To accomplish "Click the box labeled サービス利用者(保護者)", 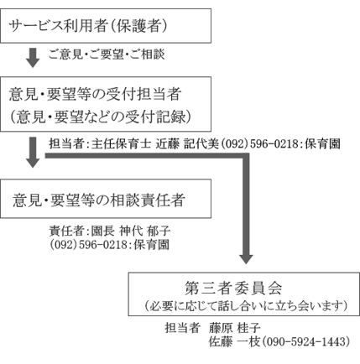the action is point(106,26).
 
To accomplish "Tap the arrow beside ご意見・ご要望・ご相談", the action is point(33,58).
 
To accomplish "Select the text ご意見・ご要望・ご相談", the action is point(107,54).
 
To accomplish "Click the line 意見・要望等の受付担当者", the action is point(95,94).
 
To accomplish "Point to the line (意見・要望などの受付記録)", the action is point(101,117).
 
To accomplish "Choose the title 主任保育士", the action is point(121,144).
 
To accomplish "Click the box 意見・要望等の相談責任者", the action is point(106,199).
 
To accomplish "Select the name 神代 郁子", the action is point(145,231).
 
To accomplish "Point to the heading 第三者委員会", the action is point(233,289).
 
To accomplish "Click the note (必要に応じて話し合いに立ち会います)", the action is point(246,305).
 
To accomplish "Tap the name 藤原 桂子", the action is point(234,328).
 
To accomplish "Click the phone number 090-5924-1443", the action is point(306,341).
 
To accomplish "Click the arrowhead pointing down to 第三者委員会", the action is point(246,259).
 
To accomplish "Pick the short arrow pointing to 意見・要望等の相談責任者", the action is point(33,153).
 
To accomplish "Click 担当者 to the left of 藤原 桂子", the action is point(182,328).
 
